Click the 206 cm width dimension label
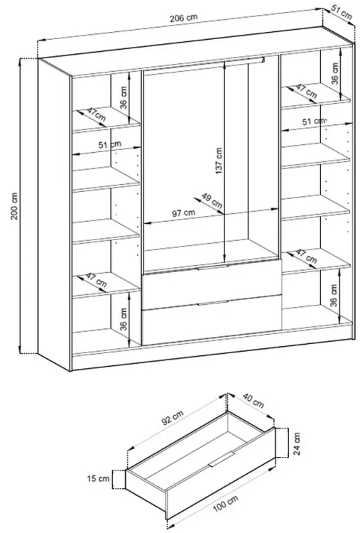(183, 18)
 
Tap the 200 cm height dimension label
(14, 207)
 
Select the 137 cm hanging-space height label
(219, 161)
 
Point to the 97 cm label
(183, 213)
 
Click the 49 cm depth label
(212, 200)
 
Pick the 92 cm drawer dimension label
(173, 418)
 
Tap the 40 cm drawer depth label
(253, 400)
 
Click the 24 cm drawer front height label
(297, 444)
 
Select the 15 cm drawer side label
(99, 478)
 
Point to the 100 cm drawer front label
(226, 503)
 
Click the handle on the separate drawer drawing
(222, 459)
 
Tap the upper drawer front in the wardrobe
(212, 284)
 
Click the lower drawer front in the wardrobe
(212, 320)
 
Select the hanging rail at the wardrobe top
(204, 65)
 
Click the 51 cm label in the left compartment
(109, 145)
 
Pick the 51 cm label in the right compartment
(314, 121)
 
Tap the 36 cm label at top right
(335, 73)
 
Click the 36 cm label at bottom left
(124, 319)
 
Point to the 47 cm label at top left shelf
(96, 115)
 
